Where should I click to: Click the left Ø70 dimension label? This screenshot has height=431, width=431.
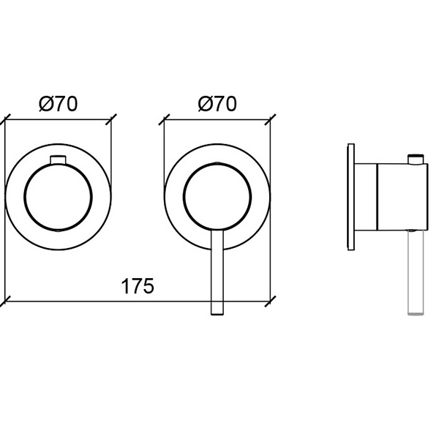[x=59, y=104]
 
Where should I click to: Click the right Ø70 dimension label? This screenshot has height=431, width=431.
[x=217, y=104]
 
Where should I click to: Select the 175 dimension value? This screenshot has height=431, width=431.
[x=138, y=286]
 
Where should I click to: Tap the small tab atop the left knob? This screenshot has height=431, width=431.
[x=58, y=160]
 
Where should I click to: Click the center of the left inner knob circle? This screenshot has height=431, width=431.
[x=58, y=197]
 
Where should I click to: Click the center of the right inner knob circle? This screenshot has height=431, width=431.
[x=217, y=196]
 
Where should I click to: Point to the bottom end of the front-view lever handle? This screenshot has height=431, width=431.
[x=217, y=314]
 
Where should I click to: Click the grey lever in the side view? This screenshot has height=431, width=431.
[x=416, y=272]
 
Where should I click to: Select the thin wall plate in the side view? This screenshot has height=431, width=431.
[x=351, y=197]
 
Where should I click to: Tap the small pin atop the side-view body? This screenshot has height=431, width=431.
[x=416, y=160]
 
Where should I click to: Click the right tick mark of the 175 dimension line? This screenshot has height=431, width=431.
[x=270, y=301]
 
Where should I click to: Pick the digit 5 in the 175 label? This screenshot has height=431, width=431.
[x=149, y=286]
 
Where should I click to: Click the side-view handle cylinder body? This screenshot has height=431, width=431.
[x=402, y=197]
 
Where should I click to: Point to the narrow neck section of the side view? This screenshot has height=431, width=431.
[x=366, y=197]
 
